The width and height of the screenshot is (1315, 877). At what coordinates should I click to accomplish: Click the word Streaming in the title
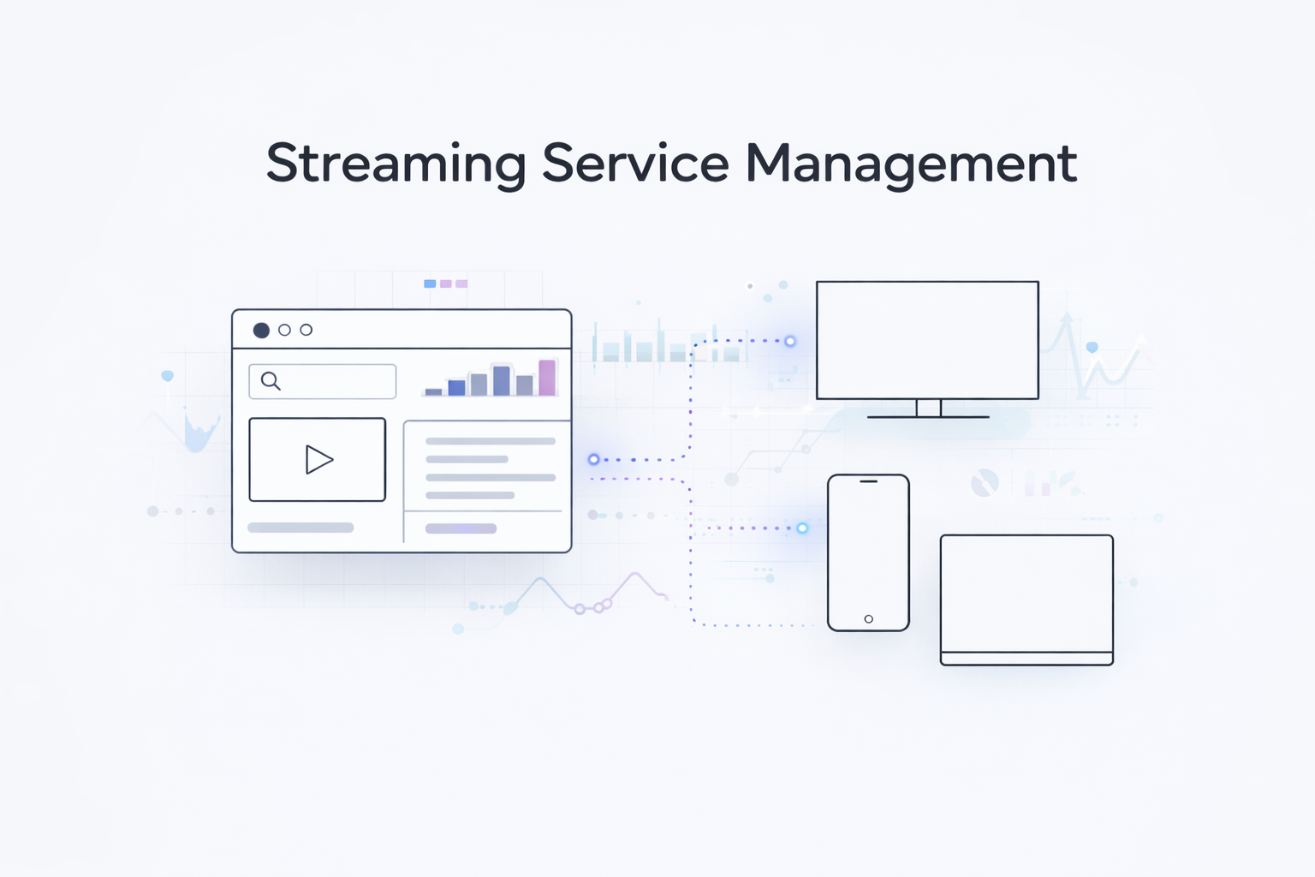coord(396,163)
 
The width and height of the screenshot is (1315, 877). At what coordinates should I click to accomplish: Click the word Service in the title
coord(635,163)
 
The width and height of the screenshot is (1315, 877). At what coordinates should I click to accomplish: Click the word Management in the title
coord(911,163)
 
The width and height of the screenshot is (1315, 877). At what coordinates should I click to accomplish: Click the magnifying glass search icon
coord(271,381)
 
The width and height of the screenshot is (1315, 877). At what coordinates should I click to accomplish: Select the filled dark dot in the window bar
coord(261,331)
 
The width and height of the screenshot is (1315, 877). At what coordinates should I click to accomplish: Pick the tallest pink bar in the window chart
coord(547,378)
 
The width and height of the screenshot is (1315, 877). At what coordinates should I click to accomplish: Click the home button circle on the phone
coord(868,618)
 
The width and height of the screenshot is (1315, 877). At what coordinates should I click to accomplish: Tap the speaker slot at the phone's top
coord(868,481)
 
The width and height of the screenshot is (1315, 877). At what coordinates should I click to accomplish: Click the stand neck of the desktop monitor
coord(928,408)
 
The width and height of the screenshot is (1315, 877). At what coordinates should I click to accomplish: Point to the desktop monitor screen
coord(927,340)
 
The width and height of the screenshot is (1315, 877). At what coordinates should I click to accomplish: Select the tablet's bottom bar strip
coord(1026,659)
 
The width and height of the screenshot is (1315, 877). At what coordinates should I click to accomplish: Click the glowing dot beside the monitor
coord(790,341)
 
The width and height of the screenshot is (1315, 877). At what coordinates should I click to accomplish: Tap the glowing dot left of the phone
coord(802,528)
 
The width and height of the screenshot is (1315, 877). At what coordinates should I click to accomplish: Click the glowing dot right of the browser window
coord(593,460)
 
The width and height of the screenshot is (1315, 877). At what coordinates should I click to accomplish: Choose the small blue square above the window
coord(430,283)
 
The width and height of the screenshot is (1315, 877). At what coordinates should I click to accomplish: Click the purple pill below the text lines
coord(461,528)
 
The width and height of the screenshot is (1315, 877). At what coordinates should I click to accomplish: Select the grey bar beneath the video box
coord(300,528)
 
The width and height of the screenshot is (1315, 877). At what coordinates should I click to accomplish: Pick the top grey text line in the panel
coord(491,441)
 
